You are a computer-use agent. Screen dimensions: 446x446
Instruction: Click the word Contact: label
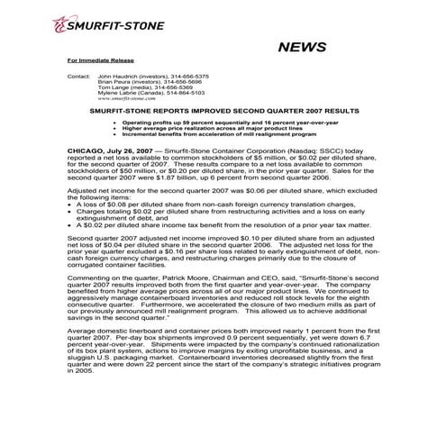click(79, 77)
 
